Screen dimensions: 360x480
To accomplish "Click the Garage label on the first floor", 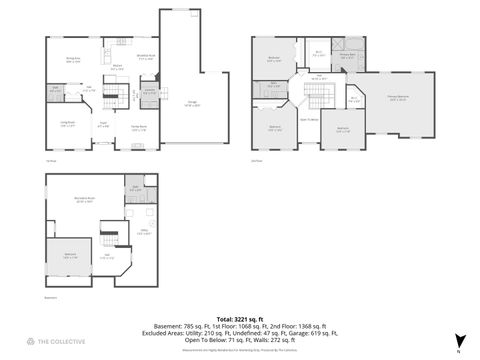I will tap(191, 103).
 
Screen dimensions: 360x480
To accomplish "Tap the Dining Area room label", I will tap(73, 61).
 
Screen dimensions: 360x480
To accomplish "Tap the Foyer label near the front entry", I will tap(103, 126).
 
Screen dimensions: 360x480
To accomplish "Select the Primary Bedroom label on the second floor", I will tap(397, 98).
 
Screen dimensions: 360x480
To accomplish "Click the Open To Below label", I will tap(310, 119).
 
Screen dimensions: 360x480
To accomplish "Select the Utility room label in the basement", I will tap(144, 232).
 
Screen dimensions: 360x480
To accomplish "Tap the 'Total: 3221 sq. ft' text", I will tap(238, 315).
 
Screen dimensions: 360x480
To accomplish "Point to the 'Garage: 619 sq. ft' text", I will tap(316, 331).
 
